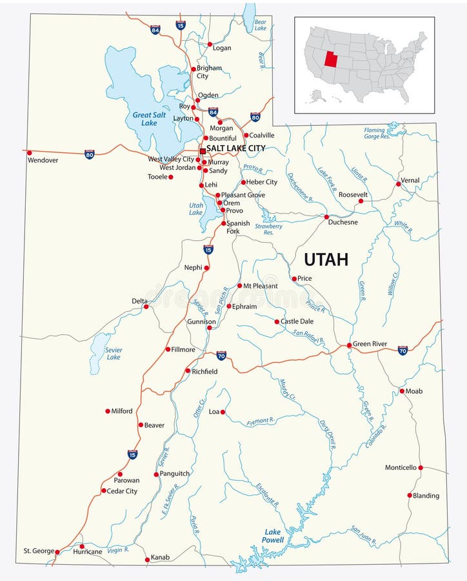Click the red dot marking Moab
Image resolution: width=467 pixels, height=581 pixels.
tap(401, 391)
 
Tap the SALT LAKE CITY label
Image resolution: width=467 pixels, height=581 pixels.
tap(235, 148)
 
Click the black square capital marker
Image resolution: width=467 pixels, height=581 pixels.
tap(203, 150)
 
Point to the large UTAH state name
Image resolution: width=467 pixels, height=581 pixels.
tap(326, 260)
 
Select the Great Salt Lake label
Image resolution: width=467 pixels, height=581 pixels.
tap(149, 119)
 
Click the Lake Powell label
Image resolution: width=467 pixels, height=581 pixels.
tap(273, 536)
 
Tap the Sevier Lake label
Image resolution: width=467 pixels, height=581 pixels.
tap(114, 353)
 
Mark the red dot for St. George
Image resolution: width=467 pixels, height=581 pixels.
tap(57, 552)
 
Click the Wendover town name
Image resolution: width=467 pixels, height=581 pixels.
tap(43, 160)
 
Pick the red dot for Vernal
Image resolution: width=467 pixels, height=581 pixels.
tap(398, 184)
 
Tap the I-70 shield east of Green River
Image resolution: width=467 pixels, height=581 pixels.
tap(402, 350)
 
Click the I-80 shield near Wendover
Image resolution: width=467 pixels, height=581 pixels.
tap(89, 154)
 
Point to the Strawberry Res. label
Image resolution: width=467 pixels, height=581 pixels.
tap(268, 229)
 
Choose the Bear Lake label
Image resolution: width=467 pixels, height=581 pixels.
tap(260, 25)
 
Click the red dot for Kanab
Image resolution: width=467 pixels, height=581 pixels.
tap(146, 558)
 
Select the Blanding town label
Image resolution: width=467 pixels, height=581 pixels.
tap(426, 496)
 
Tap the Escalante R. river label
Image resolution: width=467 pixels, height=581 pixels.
tap(268, 494)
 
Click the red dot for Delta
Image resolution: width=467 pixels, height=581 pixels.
tap(146, 307)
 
